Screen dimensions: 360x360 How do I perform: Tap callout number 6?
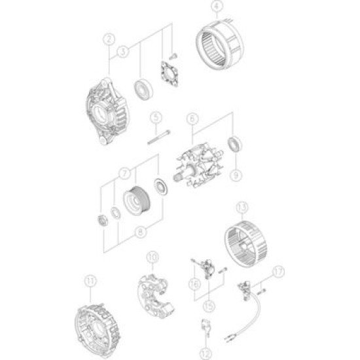tap(192, 118)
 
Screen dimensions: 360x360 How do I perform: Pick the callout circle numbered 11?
tap(90, 283)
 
